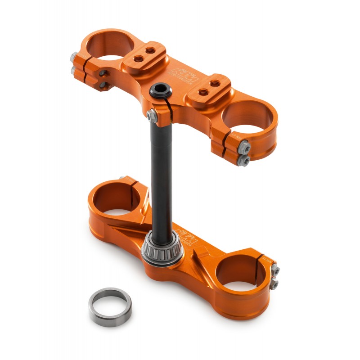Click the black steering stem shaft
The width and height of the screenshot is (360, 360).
tap(161, 171)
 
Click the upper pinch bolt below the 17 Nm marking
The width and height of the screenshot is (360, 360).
tap(244, 145)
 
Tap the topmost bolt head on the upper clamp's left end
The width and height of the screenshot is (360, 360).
tap(73, 57)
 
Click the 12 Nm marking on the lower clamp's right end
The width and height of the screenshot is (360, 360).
tap(265, 260)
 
